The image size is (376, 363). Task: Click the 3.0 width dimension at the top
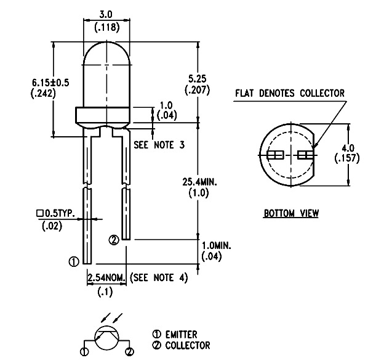point(106,15)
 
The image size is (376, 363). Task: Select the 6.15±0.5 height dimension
point(50,83)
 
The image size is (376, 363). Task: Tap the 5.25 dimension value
point(198,79)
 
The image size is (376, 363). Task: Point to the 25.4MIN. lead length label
point(199,182)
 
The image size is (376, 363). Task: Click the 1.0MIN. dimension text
point(216,246)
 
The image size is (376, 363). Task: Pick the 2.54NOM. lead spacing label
point(106,277)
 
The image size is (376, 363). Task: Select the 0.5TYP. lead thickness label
point(55,213)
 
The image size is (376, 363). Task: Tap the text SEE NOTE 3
point(159,145)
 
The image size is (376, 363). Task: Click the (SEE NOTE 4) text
point(159,277)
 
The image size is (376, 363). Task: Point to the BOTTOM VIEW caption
point(291,213)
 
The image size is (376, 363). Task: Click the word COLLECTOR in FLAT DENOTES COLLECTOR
point(322,93)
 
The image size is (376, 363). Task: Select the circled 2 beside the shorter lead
point(114,240)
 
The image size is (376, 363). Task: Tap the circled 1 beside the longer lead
point(74,261)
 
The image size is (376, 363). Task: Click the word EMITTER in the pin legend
point(181,334)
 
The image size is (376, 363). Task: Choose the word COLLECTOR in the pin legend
point(188,345)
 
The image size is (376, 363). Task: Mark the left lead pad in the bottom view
point(275,155)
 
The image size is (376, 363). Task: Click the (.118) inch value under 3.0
point(107,27)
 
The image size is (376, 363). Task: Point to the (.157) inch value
point(347,158)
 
